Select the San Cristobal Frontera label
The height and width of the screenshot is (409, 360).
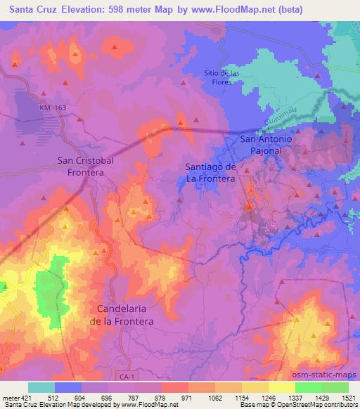[x=85, y=165]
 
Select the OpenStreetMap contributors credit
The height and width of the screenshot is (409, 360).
[x=314, y=405]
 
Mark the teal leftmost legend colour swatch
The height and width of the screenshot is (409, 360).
[x=41, y=387]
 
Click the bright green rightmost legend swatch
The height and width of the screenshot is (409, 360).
[x=335, y=387]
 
